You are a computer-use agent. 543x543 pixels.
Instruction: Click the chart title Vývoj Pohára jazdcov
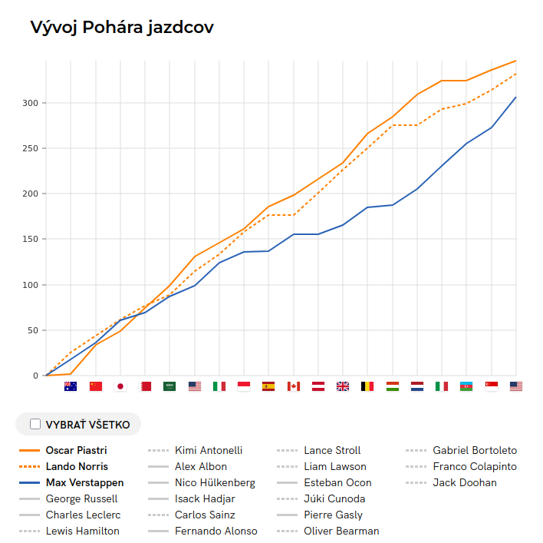pos(121,28)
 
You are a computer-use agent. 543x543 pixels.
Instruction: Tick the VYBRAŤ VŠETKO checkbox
pos(35,424)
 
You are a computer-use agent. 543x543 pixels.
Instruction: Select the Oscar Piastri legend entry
pos(76,450)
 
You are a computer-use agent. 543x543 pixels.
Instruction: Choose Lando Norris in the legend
pos(77,466)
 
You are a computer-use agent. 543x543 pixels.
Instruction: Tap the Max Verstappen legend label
pos(84,482)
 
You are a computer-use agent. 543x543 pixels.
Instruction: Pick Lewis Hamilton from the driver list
pos(82,531)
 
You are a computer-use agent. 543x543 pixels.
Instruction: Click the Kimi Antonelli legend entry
pos(209,450)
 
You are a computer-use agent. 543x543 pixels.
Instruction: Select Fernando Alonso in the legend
pos(216,531)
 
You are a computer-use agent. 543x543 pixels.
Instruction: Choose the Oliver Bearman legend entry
pos(341,531)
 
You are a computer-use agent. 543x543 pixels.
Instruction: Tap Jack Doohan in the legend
pos(465,482)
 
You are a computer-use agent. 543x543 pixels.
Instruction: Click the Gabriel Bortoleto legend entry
pos(475,450)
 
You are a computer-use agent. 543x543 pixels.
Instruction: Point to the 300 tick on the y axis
pos(30,103)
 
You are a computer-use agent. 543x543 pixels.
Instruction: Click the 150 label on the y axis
pos(30,240)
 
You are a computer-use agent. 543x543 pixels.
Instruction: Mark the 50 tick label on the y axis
pos(32,330)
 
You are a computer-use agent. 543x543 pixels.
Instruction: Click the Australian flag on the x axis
pos(71,386)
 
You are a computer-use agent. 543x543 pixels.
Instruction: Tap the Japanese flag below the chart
pos(120,386)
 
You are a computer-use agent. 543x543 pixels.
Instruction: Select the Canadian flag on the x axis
pos(293,386)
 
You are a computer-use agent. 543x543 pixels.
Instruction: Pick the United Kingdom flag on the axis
pos(342,386)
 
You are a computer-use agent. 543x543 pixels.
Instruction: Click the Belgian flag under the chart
pos(367,386)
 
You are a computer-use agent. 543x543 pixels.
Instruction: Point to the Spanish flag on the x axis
pos(268,386)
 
